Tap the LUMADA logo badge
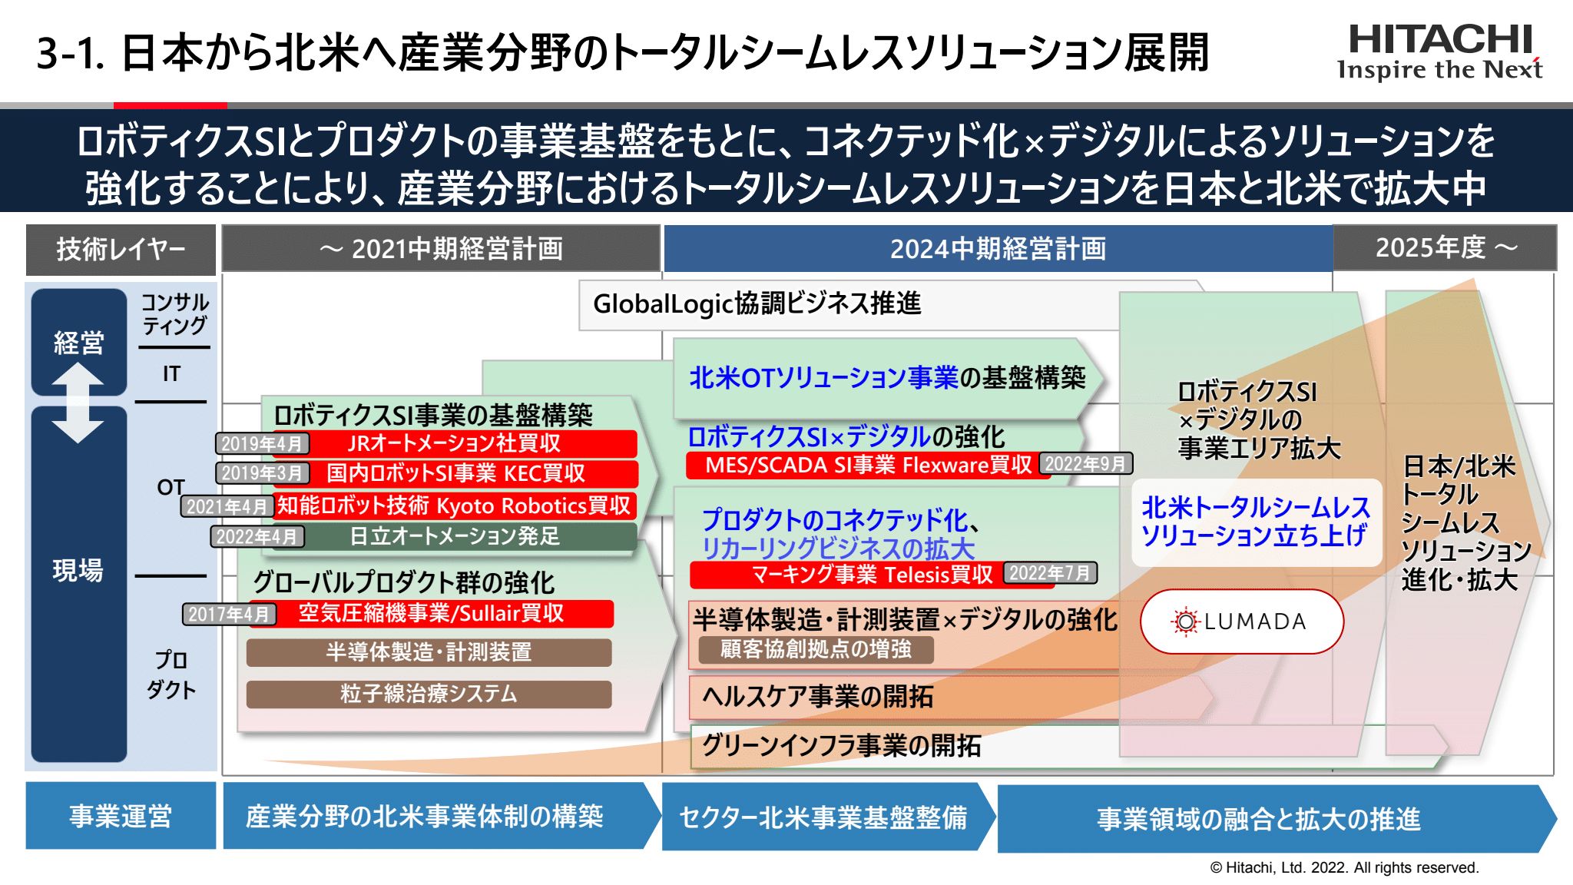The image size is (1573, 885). point(1242,621)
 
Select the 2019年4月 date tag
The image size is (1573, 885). point(262,443)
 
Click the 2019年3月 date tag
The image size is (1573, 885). point(262,473)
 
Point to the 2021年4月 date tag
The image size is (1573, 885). point(227,506)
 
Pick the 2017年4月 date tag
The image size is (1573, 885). point(229,614)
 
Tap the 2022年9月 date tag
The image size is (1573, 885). point(1085,463)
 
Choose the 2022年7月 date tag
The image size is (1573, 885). point(1050,573)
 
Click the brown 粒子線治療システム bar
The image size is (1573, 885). point(429,694)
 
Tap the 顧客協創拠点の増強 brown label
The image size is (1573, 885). point(816,649)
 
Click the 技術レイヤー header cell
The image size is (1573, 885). point(121,249)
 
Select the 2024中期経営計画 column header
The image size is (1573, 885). point(998,248)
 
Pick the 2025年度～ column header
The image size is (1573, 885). point(1445,247)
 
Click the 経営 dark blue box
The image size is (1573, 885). point(79,341)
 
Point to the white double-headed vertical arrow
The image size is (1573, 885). point(78,402)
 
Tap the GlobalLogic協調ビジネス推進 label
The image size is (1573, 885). point(757,303)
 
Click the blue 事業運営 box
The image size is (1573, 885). point(121,816)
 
